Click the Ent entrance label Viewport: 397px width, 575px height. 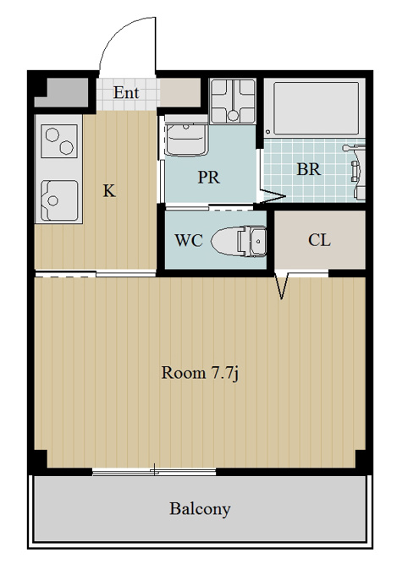pos(126,92)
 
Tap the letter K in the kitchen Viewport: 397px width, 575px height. pos(109,191)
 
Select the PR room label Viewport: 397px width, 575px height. pos(208,177)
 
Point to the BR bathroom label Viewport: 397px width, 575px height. pos(308,169)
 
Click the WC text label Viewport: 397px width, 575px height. pos(189,240)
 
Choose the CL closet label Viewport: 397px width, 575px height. pos(319,240)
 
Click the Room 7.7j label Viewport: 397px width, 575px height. pos(200,373)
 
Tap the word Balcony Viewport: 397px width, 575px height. pos(200,509)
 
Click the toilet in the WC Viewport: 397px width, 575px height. pos(239,240)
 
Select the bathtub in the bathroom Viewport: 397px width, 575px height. pos(316,108)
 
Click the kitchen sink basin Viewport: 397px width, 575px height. pos(59,200)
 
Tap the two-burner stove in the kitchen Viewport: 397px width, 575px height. pos(59,141)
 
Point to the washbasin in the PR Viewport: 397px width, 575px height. pos(186,139)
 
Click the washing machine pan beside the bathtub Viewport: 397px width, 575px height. pos(233,101)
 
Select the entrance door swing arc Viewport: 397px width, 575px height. pos(120,36)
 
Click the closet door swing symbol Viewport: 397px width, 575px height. pos(282,285)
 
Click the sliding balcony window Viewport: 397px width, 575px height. pos(154,472)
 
